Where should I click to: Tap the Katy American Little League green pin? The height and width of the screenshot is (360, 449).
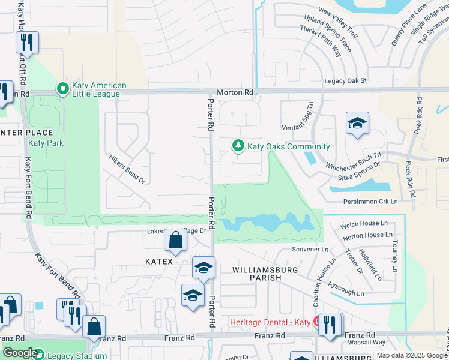(62, 89)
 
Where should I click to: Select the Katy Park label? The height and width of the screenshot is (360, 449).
(46, 143)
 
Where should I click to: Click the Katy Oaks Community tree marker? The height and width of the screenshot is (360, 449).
(238, 146)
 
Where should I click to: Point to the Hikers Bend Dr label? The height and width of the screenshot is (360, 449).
(127, 169)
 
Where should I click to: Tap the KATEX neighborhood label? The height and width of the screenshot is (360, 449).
(159, 262)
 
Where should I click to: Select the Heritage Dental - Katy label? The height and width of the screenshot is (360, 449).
(270, 323)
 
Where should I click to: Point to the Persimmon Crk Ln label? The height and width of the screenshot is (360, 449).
(370, 202)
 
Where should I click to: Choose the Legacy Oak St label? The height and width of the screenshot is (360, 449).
(346, 81)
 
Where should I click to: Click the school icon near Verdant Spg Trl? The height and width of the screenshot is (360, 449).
(357, 124)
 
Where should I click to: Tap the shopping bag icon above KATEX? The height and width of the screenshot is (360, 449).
(174, 241)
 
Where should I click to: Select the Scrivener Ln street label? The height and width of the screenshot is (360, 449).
(310, 249)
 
